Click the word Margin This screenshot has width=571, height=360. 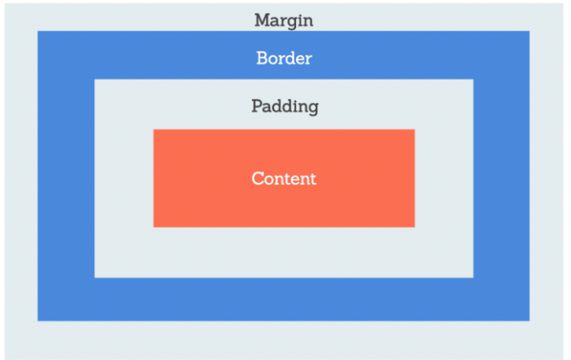284,21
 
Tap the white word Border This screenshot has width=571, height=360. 284,58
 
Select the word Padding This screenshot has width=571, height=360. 285,107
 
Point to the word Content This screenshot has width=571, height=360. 284,179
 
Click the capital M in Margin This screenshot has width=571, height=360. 263,20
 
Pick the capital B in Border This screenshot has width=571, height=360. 262,58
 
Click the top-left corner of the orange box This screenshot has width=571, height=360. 153,130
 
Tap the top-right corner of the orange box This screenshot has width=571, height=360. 415,130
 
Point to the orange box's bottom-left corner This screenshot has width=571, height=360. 153,227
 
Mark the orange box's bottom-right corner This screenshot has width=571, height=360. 415,227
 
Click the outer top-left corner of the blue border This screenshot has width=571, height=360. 38,31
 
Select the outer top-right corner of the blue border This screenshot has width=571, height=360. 529,31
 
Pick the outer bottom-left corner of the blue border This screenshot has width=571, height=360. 38,321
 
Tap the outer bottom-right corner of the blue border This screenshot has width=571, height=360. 529,321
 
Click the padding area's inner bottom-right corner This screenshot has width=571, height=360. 473,278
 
